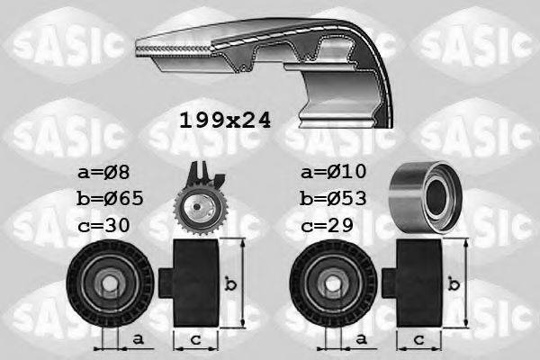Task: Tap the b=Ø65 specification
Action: [x=110, y=198]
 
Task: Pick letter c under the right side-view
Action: [x=419, y=339]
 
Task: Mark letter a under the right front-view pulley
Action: [x=361, y=339]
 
